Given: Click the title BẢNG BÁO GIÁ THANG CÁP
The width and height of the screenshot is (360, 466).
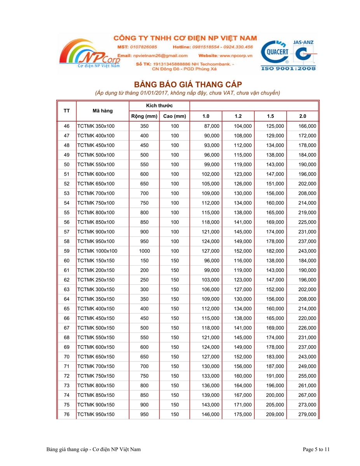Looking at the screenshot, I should pos(188,84).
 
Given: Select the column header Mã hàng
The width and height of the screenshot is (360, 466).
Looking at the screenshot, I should pos(103,111).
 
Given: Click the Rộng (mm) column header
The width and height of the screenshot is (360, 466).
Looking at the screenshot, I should pos(144,116).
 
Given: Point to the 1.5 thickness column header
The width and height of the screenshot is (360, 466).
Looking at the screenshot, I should pos(270,116).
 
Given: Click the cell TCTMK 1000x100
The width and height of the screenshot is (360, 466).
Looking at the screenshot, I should pos(97,251).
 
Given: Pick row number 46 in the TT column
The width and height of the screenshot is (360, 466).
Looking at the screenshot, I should pos(66,126).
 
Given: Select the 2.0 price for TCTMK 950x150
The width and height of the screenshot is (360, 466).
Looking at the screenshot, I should pos(307,414).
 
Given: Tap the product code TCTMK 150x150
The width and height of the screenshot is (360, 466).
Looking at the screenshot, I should pos(96,261).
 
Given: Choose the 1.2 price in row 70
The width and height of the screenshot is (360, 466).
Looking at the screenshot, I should pos(243,356).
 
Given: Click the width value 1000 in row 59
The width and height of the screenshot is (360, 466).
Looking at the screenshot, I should pos(144,251).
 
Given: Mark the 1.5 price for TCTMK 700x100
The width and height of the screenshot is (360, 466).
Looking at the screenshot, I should pos(275,193).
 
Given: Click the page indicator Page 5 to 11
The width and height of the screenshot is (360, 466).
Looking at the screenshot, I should pos(316,449).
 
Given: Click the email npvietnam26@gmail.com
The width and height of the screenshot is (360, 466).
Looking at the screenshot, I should pos(163,56).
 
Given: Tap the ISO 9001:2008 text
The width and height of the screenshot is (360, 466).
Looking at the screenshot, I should pos(289,69).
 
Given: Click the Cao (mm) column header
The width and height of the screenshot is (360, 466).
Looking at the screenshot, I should pos(174,116).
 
